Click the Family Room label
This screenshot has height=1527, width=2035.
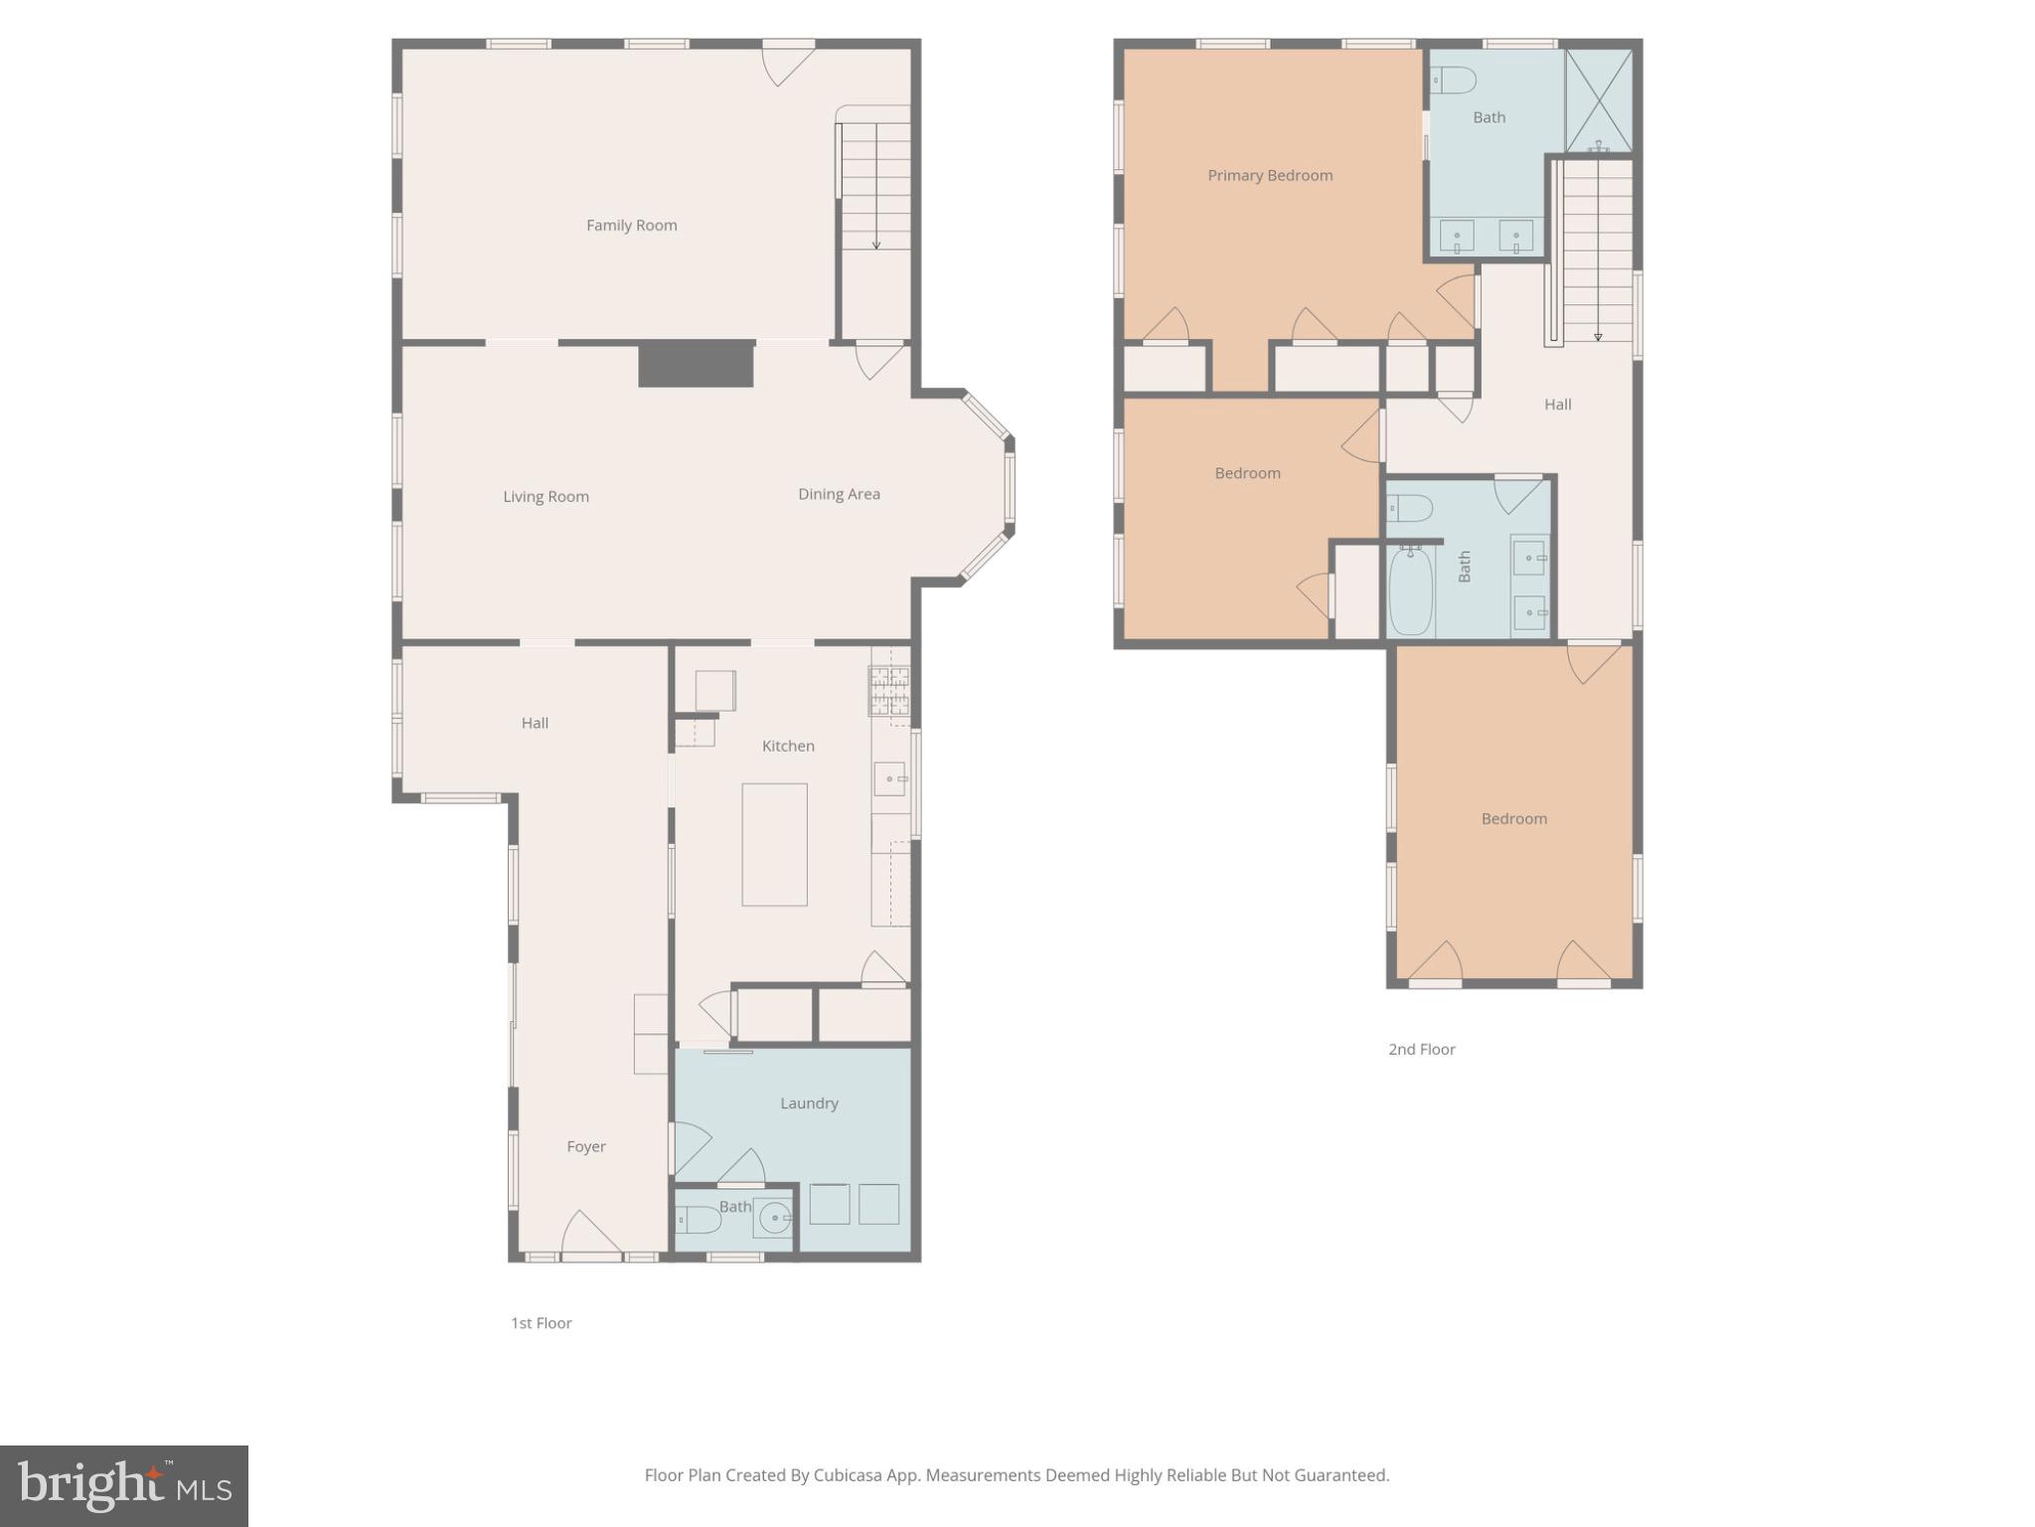[x=631, y=226]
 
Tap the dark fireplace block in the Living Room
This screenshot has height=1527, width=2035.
[x=696, y=364]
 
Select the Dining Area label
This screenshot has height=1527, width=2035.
[x=839, y=494]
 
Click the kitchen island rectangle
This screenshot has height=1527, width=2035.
[x=774, y=844]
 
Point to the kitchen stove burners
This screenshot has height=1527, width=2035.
[x=889, y=690]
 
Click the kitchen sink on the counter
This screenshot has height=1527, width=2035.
[x=890, y=779]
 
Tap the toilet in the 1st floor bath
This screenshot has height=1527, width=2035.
[x=697, y=1220]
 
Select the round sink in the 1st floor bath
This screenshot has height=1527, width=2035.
[x=774, y=1217]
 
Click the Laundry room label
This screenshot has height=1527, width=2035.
[x=809, y=1103]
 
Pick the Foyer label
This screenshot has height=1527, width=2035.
[x=586, y=1147]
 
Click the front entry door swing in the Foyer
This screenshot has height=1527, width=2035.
[x=590, y=1236]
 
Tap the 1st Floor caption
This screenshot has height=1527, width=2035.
[x=542, y=1323]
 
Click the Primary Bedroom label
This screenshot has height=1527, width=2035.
[x=1270, y=176]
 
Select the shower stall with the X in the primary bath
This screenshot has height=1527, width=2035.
[x=1598, y=100]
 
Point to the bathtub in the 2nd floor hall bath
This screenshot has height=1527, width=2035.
[x=1410, y=591]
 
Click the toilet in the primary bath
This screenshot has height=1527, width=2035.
[x=1452, y=80]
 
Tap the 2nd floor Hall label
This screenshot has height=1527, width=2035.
[x=1557, y=405]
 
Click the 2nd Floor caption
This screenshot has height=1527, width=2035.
[x=1421, y=1050]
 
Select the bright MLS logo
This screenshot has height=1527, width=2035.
[x=124, y=1485]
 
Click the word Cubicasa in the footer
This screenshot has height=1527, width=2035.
[x=851, y=1475]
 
